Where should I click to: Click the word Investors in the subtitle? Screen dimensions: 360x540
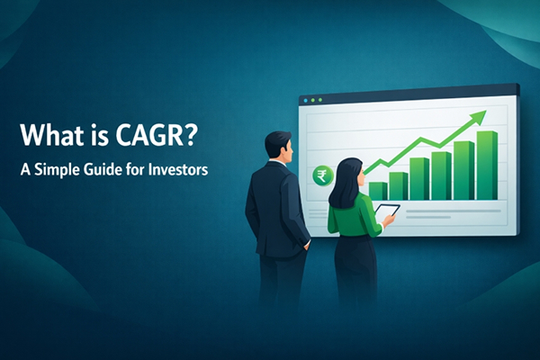coord(179,169)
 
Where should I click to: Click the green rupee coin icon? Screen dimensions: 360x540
coord(319,175)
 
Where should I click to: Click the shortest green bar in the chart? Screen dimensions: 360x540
coord(378,190)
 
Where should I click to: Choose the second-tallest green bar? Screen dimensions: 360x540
coord(463,170)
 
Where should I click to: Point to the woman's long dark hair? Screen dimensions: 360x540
coord(346,183)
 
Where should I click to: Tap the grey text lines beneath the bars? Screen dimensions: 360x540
coord(450,212)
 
